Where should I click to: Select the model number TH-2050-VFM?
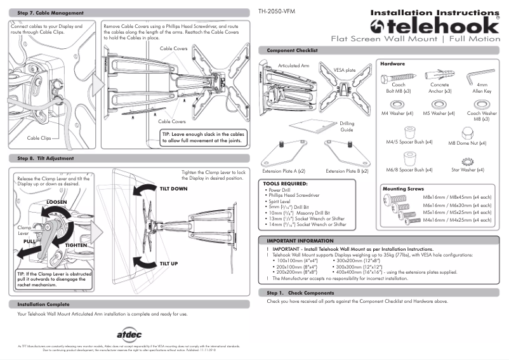[277, 12]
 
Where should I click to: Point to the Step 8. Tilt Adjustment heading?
[46, 158]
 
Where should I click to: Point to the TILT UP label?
[169, 263]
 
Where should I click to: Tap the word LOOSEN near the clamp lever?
[56, 202]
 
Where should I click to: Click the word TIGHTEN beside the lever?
[76, 244]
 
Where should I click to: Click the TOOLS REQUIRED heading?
[286, 183]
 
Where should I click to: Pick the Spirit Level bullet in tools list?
[282, 201]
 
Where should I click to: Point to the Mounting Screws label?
[402, 189]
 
